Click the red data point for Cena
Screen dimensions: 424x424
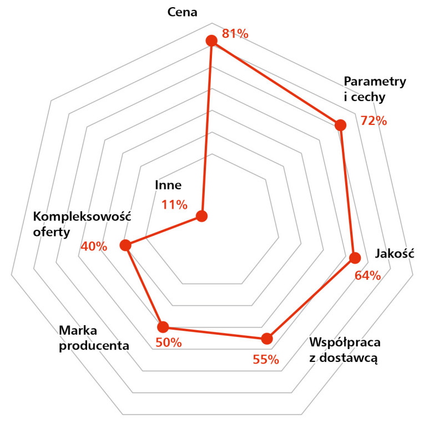[211, 41]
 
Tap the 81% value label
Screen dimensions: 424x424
[235, 34]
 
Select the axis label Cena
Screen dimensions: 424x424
[183, 12]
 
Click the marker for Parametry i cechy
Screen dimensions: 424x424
[340, 125]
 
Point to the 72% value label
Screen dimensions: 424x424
[373, 120]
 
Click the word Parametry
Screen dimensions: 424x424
[375, 82]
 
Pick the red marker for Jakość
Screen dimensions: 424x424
[355, 258]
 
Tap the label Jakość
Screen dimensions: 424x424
[395, 254]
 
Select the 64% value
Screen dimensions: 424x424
[367, 275]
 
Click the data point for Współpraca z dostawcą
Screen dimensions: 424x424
[267, 339]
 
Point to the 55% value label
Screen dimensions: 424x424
[265, 360]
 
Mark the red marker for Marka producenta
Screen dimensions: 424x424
[163, 326]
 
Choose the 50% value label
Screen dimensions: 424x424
[169, 343]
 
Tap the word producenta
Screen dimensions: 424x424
[94, 346]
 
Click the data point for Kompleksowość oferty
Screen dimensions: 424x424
[126, 245]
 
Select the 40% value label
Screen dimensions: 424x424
[94, 246]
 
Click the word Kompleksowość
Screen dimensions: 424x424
[82, 216]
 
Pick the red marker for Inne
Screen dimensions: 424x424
[202, 216]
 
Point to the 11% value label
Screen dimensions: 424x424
[175, 205]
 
